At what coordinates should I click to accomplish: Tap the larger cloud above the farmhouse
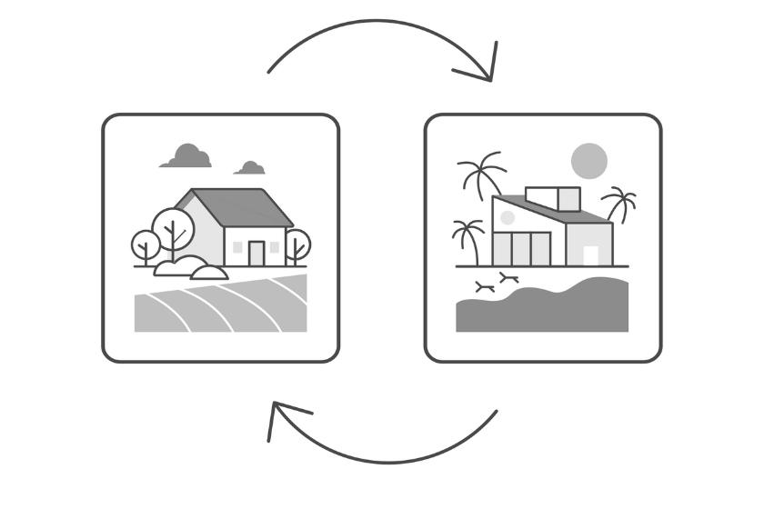click(x=187, y=156)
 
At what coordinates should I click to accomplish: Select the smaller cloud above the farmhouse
click(x=250, y=168)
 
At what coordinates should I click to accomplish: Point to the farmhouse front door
click(x=256, y=254)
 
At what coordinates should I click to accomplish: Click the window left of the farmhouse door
click(x=237, y=246)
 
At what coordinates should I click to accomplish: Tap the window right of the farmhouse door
click(x=275, y=246)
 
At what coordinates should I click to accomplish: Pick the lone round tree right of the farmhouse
click(x=297, y=244)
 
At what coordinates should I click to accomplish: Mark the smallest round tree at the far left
click(x=145, y=244)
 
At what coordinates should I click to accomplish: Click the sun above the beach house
click(x=588, y=161)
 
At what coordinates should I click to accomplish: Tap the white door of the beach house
click(x=591, y=255)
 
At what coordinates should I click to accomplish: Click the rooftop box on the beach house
click(x=553, y=197)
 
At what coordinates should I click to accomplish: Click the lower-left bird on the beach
click(x=485, y=287)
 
